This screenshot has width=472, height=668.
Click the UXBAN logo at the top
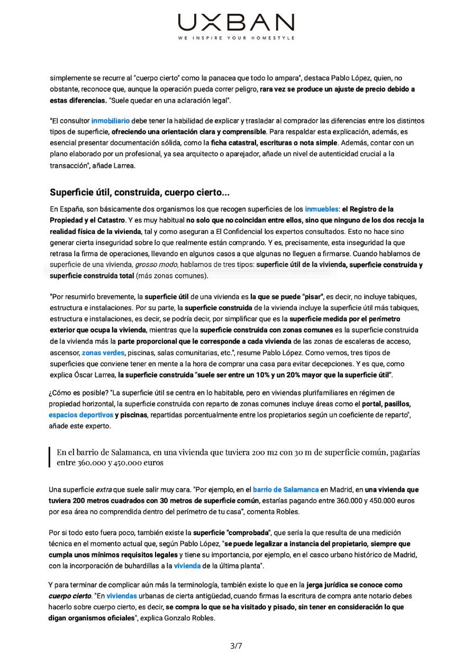[x=236, y=23]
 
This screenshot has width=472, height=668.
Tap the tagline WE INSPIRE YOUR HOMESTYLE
[x=236, y=38]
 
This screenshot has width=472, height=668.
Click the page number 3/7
[x=236, y=645]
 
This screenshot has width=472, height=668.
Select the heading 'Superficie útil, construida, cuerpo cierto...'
[x=140, y=192]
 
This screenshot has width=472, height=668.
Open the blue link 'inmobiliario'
[x=110, y=121]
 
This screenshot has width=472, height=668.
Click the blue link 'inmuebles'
[x=321, y=209]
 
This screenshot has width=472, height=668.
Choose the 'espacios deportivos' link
[x=80, y=415]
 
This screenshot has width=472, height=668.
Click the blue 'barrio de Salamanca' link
[x=286, y=490]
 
